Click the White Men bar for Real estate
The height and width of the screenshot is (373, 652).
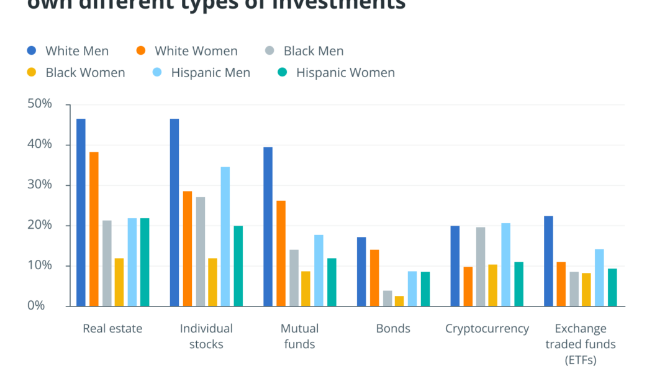pyautogui.click(x=81, y=212)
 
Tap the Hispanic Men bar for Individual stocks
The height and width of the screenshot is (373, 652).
pyautogui.click(x=225, y=236)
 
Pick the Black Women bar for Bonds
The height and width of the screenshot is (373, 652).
pyautogui.click(x=399, y=301)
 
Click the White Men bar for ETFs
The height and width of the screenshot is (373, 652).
pyautogui.click(x=548, y=261)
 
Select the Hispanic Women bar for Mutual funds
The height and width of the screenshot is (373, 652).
pyautogui.click(x=332, y=282)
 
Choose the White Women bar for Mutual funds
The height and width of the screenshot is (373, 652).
pyautogui.click(x=281, y=253)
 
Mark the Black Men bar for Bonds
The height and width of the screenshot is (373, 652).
pyautogui.click(x=387, y=298)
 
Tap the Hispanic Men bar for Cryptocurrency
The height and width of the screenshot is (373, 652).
pyautogui.click(x=505, y=264)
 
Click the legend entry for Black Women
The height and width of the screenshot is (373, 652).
pyautogui.click(x=85, y=73)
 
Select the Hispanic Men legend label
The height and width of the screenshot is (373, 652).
pyautogui.click(x=211, y=73)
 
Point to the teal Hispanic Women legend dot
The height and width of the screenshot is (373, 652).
pyautogui.click(x=283, y=73)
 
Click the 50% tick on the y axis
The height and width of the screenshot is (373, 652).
pyautogui.click(x=40, y=104)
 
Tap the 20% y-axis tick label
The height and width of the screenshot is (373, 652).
pyautogui.click(x=40, y=225)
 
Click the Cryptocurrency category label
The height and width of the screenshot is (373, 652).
pyautogui.click(x=487, y=328)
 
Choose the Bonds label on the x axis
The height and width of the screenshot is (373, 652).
pyautogui.click(x=393, y=328)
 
